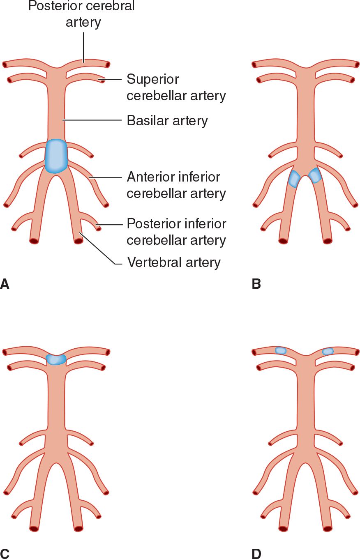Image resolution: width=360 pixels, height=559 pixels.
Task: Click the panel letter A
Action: (x=5, y=283)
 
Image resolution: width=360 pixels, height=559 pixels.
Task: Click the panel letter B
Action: (x=256, y=283)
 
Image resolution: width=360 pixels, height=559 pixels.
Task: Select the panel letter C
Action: (x=5, y=553)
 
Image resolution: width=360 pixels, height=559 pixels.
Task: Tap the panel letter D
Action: (x=256, y=553)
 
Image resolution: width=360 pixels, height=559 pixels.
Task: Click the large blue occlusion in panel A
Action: (x=56, y=156)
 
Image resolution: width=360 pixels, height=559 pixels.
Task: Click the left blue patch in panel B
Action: (x=294, y=179)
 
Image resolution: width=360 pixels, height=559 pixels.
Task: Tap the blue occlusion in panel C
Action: (x=56, y=359)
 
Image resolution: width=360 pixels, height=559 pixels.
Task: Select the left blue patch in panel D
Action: (x=280, y=350)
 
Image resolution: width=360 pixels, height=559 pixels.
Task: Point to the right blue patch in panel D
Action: (x=328, y=351)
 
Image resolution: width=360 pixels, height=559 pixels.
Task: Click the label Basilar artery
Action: (x=167, y=121)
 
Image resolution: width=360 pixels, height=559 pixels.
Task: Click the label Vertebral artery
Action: (x=174, y=262)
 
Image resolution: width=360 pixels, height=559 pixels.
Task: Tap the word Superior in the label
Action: (x=152, y=79)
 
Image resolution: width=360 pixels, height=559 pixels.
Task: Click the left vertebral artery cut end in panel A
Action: (x=34, y=241)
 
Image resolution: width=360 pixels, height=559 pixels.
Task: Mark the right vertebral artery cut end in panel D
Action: (x=328, y=528)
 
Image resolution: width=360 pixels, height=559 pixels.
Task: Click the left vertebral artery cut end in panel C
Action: (x=34, y=528)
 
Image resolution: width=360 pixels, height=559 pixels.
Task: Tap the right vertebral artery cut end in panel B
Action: (x=328, y=241)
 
